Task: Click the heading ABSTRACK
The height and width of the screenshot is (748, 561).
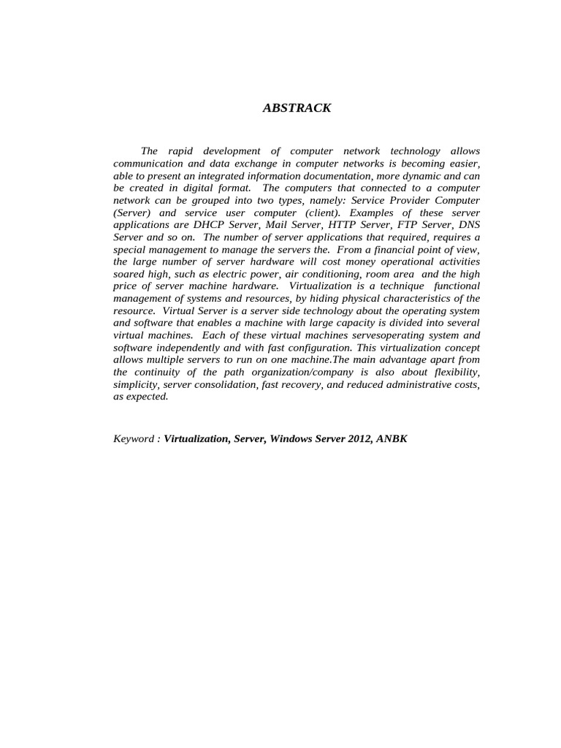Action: click(297, 108)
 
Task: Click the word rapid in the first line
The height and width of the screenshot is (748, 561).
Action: click(180, 150)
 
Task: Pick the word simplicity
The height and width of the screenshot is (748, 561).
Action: click(136, 384)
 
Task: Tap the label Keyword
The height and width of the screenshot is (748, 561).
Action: click(134, 439)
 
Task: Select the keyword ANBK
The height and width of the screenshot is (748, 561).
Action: click(392, 439)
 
